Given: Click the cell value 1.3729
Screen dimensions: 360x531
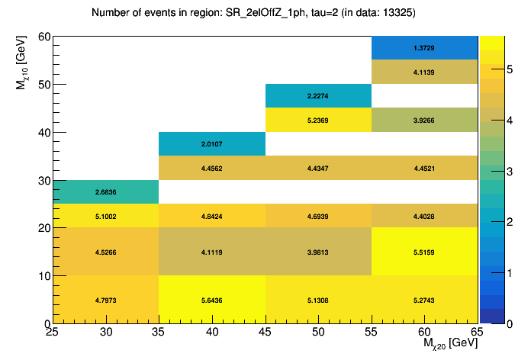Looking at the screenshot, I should pos(423,48).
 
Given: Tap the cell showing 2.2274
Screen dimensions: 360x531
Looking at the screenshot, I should pos(317,96).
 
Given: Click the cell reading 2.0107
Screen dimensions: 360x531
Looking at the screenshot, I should pos(211,144).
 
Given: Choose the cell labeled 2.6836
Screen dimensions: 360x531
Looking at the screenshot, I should pos(105,192).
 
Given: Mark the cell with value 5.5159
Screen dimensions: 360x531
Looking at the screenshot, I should pos(423,252).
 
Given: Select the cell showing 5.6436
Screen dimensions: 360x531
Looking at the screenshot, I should pos(211,300).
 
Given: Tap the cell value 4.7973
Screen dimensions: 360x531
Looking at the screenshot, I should pos(105,300).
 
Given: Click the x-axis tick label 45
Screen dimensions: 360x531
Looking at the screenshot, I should pos(265,333).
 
